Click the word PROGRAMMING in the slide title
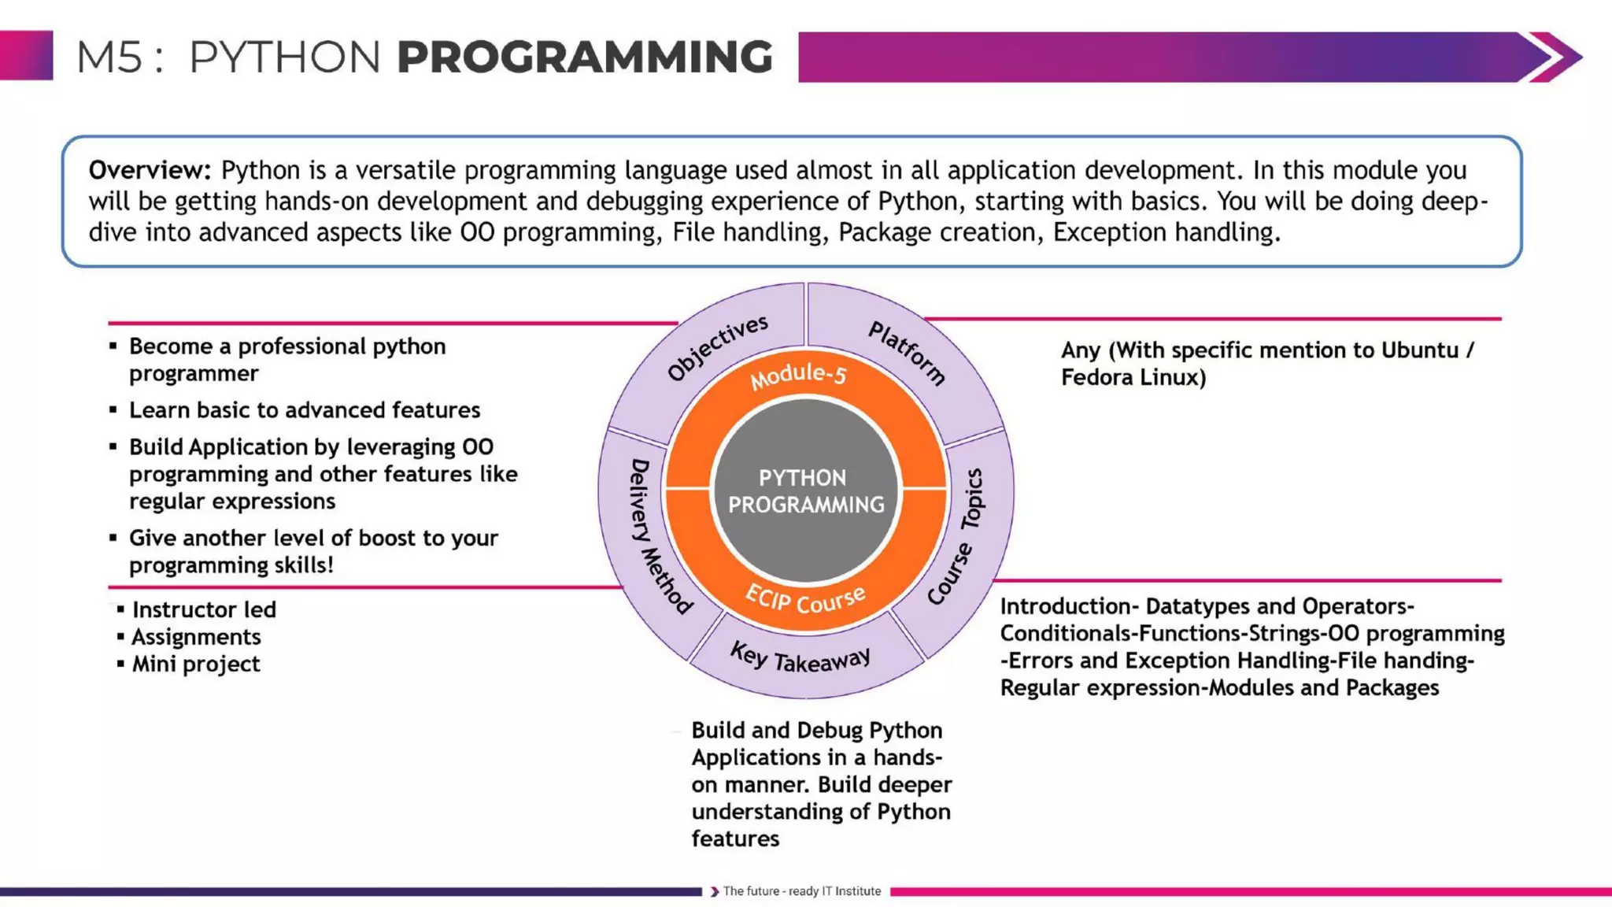point(584,57)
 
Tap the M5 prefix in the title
point(109,57)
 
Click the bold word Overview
point(150,170)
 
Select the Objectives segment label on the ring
point(717,347)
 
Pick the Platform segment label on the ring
point(907,353)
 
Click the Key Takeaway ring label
point(800,657)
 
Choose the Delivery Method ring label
point(660,535)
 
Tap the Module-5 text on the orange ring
point(798,376)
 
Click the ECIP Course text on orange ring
point(804,601)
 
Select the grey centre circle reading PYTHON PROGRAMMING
point(805,491)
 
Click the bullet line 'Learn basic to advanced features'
point(304,410)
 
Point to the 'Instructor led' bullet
point(204,609)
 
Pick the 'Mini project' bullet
point(195,664)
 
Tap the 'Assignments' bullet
point(196,636)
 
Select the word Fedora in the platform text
point(1097,377)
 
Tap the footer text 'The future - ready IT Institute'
point(801,891)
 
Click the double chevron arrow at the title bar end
point(1552,57)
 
